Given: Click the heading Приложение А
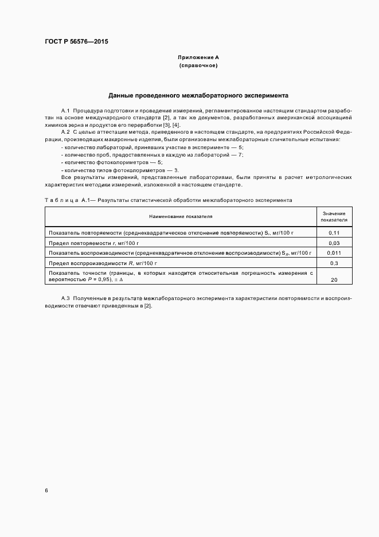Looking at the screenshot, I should [x=198, y=58].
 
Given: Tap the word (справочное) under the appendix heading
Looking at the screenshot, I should [x=198, y=66].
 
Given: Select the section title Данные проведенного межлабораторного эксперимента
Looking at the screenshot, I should [x=198, y=95].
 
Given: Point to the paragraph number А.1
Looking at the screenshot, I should [x=65, y=110].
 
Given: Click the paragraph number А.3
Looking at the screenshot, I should [x=65, y=299].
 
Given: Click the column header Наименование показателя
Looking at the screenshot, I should [x=180, y=217].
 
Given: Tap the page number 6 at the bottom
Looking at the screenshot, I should [x=46, y=491].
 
